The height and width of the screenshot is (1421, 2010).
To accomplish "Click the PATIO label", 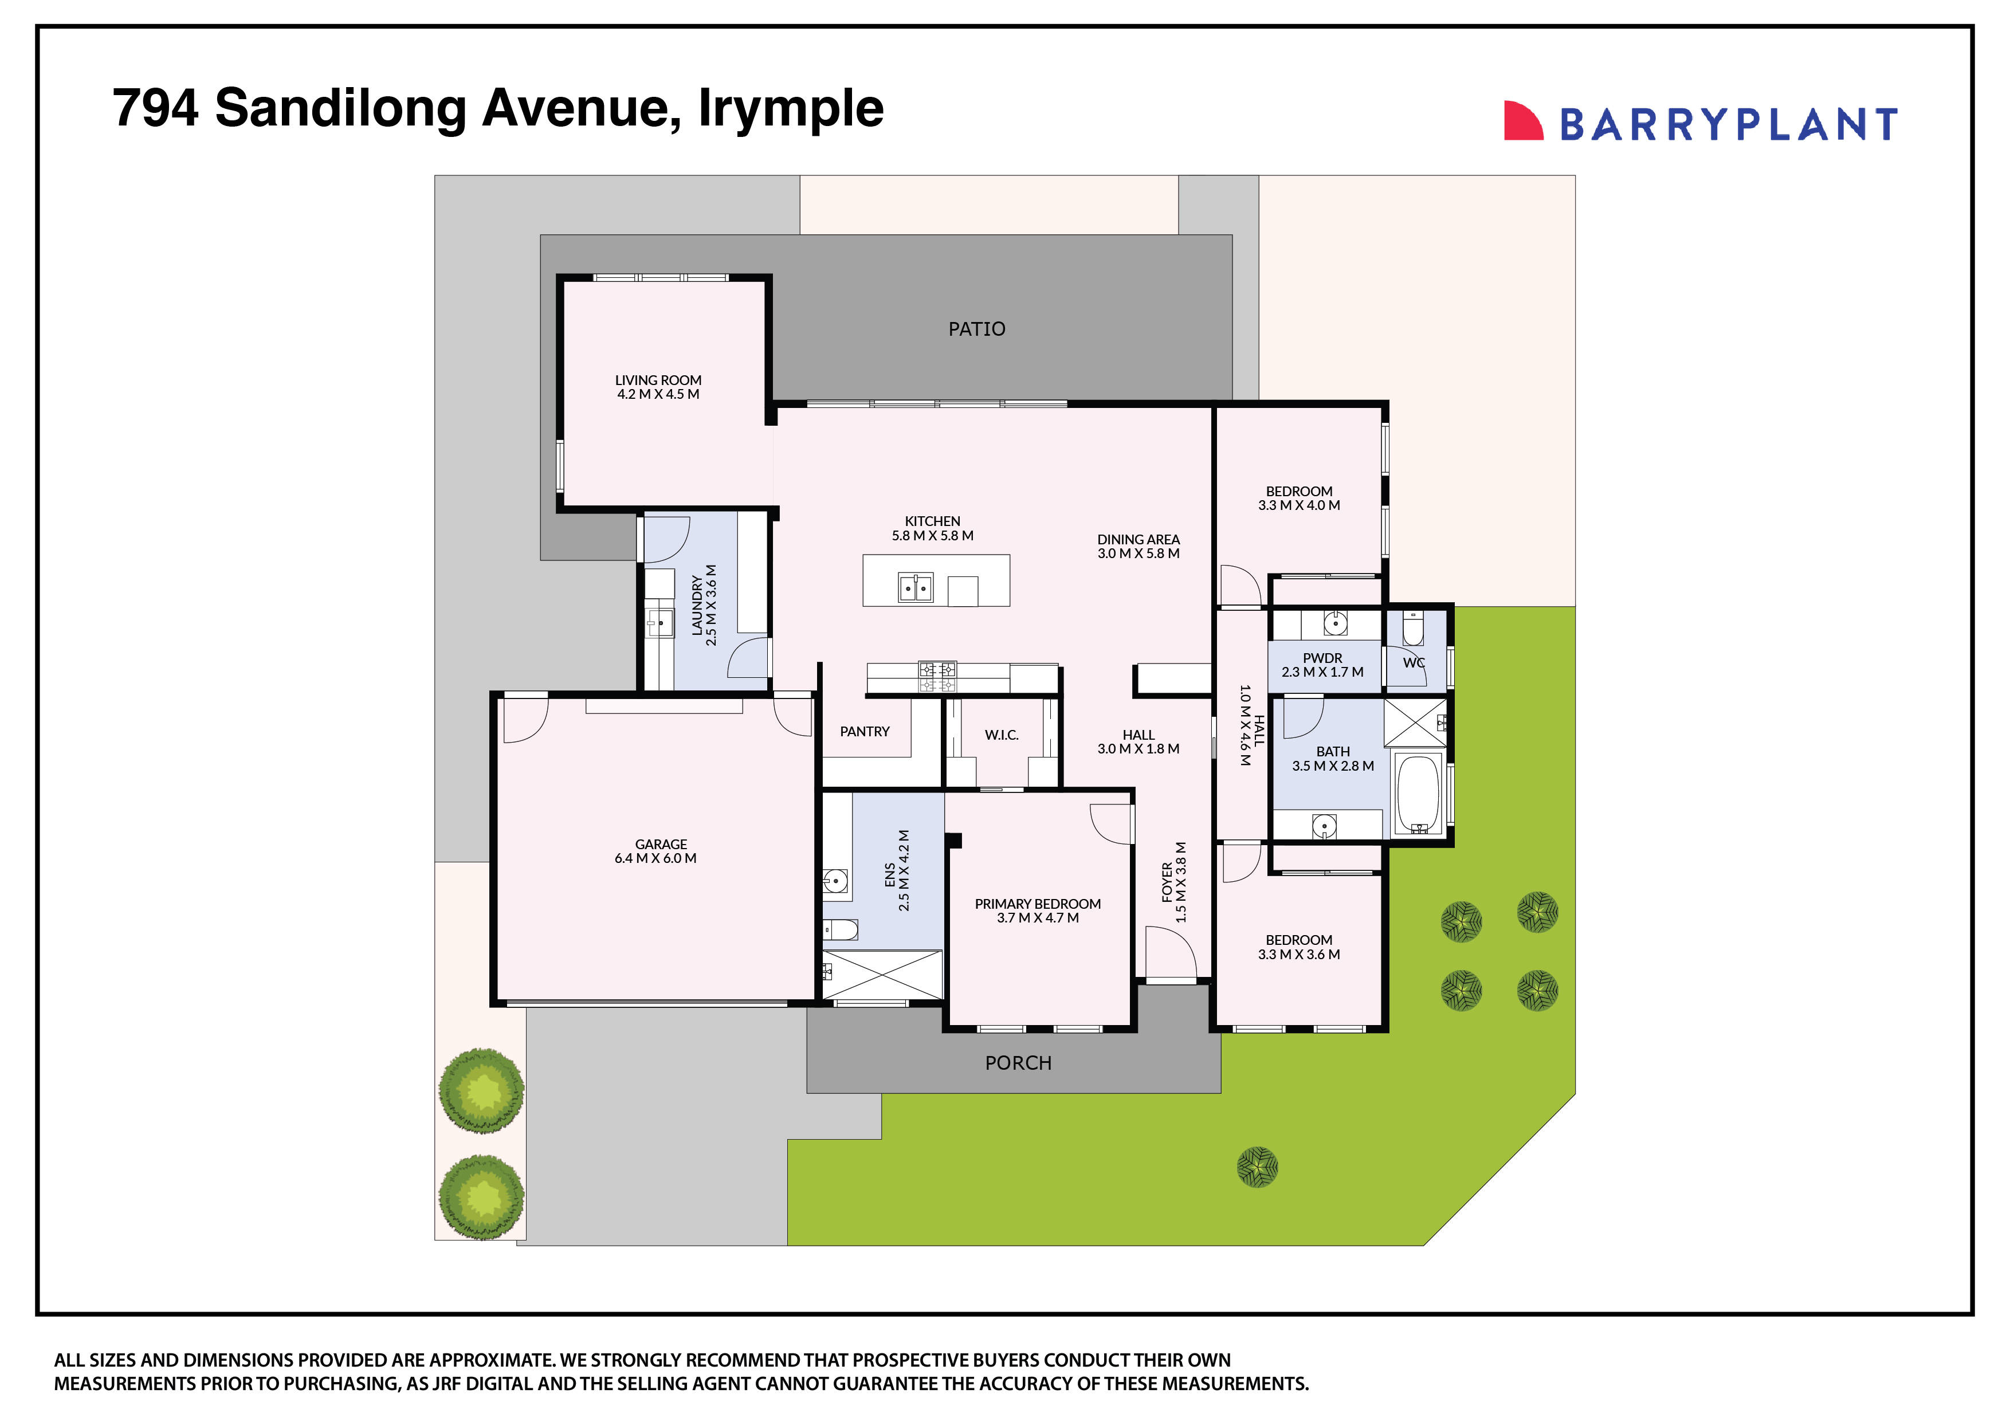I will pos(976,329).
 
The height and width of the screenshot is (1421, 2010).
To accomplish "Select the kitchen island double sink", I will pos(916,587).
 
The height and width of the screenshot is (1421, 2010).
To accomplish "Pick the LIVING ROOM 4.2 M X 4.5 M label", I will pos(657,387).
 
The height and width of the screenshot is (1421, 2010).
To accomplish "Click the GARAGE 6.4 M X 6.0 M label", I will pos(655,851).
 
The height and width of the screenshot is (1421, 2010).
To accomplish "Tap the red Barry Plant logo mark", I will pos(1522,121).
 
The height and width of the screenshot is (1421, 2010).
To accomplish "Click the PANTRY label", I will pos(864,732).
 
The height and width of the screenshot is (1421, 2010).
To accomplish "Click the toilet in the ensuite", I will pos(841,929).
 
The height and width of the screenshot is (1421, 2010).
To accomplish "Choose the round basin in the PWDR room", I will pos(1334,623).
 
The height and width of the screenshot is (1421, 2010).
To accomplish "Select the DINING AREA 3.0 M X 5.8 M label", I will pos(1138,546).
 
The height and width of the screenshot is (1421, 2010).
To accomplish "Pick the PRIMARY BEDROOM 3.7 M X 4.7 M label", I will pos(1038,910).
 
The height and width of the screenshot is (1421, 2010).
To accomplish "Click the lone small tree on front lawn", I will pos(1257,1167).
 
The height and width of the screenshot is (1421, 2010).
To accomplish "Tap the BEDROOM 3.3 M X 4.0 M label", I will pos(1298,498).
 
